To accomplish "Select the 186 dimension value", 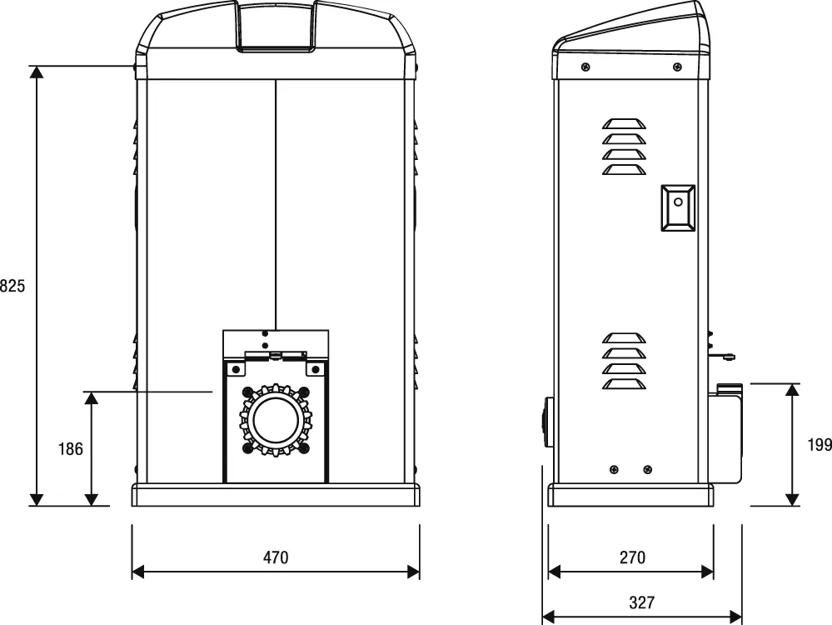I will [70, 449].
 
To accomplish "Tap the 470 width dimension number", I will [276, 557].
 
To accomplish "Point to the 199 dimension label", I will [820, 445].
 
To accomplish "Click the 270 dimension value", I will [632, 557].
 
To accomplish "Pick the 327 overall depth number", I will [642, 602].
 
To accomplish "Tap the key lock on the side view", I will [678, 207].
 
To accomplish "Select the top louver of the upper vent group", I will [625, 123].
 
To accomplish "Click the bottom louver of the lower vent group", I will [625, 384].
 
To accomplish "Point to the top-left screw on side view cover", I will [585, 67].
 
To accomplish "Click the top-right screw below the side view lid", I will [677, 67].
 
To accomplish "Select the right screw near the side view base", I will [648, 469].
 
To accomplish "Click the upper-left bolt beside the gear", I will [247, 392].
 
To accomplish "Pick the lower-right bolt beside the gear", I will [303, 448].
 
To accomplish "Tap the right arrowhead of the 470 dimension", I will [413, 572].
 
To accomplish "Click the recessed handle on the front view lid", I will [276, 27].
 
